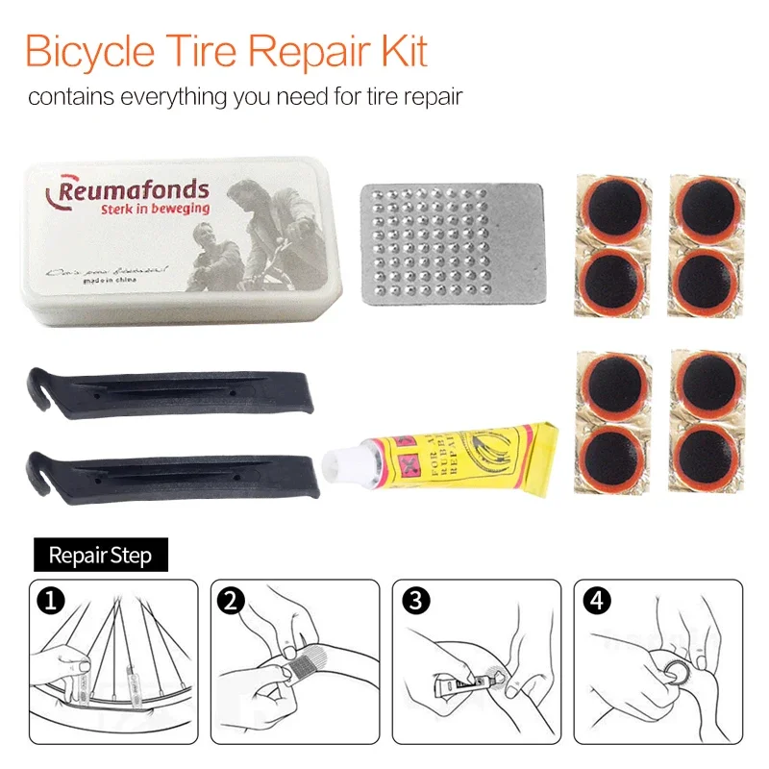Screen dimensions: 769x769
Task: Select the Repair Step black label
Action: click(100, 555)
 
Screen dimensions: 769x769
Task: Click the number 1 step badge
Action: click(50, 602)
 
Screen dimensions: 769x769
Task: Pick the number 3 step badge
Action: click(414, 602)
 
